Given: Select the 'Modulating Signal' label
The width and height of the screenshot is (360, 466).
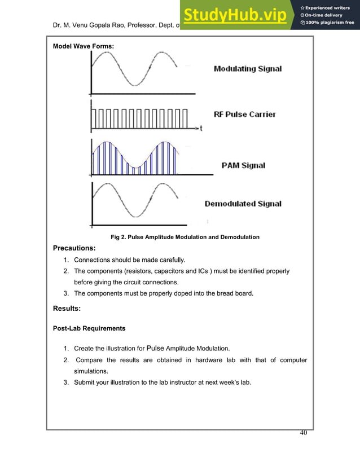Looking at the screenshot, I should (x=247, y=69).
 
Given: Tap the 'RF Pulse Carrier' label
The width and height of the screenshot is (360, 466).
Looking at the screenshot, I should (x=245, y=114).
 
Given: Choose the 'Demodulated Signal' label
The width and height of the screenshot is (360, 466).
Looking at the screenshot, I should (x=243, y=204).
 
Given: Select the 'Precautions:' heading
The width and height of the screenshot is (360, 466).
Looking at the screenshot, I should (x=74, y=248).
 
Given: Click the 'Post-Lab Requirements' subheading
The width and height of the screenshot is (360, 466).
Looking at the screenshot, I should (x=89, y=328).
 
